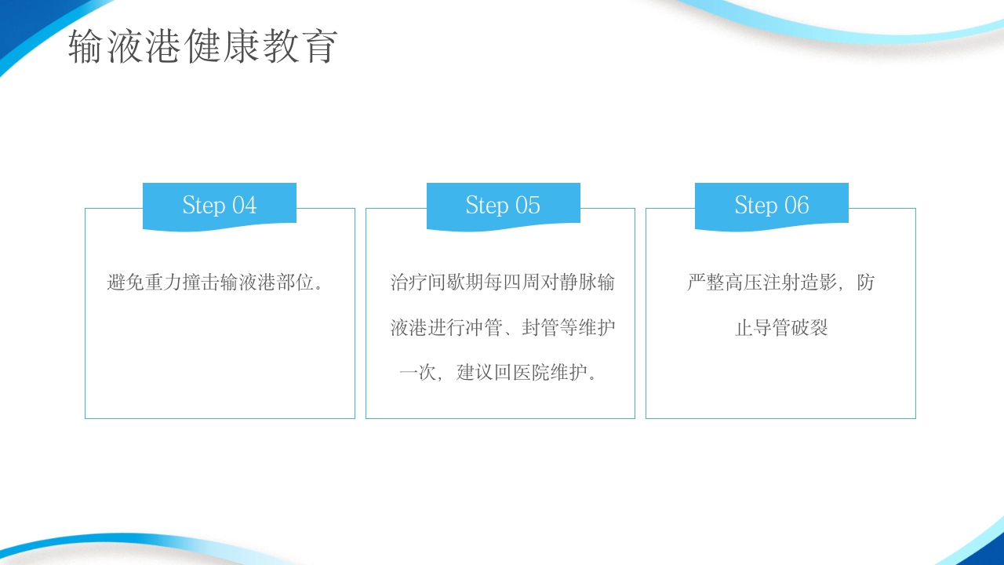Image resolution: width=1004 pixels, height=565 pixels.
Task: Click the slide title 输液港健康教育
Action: pos(203,47)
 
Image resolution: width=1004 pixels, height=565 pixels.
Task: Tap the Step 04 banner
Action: pos(220,206)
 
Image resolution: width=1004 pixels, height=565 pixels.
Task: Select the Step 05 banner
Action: pos(503,206)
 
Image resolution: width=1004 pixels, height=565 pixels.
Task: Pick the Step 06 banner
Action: pos(772,206)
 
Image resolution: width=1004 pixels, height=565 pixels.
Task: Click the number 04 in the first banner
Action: pos(244,206)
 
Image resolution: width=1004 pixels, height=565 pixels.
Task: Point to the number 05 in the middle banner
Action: pos(527,206)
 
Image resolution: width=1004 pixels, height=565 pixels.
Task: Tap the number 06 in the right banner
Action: pos(796,206)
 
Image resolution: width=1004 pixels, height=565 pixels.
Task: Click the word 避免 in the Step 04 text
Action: pos(125,282)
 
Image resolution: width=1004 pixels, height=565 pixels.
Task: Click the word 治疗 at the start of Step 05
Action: pos(409,282)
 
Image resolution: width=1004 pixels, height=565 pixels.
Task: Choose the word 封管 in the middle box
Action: pos(540,328)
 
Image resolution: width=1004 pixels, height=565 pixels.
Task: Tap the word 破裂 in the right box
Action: pos(809,328)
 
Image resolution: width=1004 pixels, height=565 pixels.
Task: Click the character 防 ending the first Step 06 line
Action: pos(865,282)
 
